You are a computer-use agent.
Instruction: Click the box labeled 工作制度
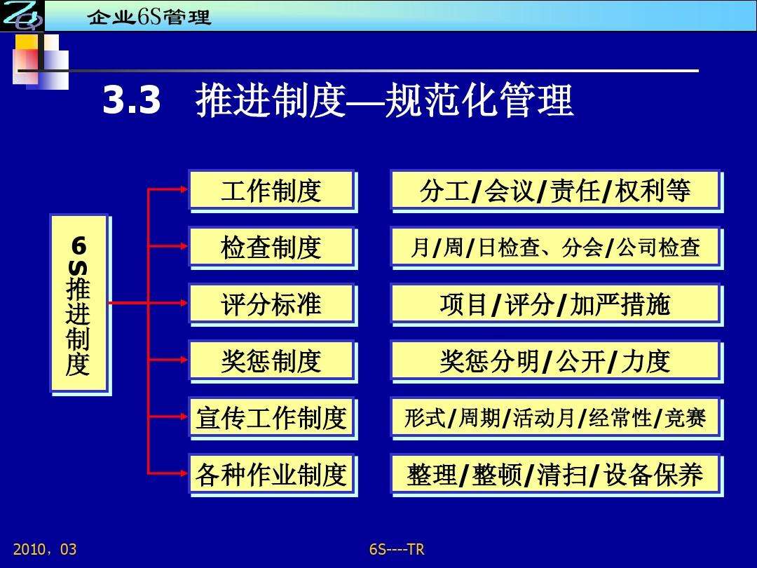click(271, 190)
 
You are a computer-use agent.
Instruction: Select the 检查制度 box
click(271, 247)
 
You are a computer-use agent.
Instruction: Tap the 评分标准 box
click(271, 304)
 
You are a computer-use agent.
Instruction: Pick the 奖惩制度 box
click(271, 360)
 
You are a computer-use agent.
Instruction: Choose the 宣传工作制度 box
click(271, 418)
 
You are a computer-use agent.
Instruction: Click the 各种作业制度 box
click(271, 475)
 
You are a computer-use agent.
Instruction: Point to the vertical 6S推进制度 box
click(79, 303)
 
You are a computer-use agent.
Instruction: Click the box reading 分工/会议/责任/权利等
click(555, 190)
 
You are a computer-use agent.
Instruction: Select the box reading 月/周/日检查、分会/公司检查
click(555, 247)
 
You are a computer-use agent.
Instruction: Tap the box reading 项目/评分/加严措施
click(555, 304)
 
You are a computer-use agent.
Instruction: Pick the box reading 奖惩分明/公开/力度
click(555, 360)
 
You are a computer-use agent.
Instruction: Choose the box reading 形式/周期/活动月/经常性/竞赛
click(555, 418)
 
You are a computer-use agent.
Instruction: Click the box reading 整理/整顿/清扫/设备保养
click(555, 475)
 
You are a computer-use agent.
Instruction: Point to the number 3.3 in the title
click(132, 102)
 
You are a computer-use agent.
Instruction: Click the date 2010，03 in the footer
click(45, 549)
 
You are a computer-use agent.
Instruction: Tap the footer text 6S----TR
click(397, 549)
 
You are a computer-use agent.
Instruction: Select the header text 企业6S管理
click(149, 17)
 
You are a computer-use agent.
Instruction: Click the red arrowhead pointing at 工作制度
click(183, 189)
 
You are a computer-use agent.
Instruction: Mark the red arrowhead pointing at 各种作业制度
click(183, 473)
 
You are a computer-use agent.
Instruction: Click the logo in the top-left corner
click(21, 15)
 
